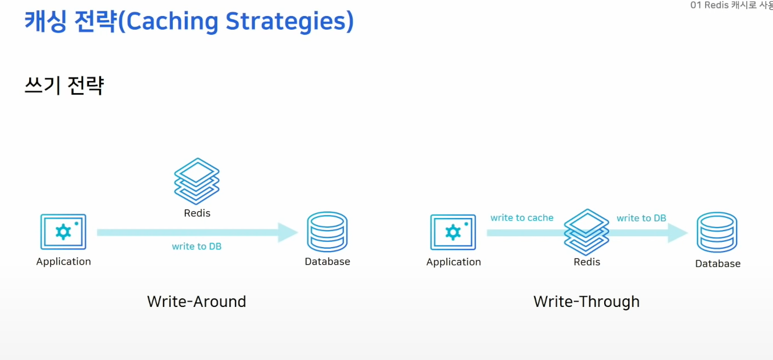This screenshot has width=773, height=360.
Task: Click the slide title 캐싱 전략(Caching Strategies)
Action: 189,21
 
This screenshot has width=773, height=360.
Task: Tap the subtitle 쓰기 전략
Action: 64,86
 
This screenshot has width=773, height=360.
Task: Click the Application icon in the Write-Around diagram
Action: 63,232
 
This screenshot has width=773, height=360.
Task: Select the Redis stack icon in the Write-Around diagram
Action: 197,181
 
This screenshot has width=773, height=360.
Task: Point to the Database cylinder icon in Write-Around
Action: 327,232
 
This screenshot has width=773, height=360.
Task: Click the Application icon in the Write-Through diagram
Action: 453,232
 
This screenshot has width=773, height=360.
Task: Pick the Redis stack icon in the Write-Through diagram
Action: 586,232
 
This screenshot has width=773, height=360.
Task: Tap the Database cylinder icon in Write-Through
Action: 717,232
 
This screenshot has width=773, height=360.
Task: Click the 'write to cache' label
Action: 522,218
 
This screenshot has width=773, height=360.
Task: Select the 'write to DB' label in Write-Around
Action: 197,246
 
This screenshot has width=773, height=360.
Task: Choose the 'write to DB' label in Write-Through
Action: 641,218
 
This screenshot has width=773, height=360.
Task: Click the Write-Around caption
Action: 197,301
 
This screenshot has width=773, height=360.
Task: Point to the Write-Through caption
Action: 586,301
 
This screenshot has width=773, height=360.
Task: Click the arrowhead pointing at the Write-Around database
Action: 288,232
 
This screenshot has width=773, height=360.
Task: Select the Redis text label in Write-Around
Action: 197,213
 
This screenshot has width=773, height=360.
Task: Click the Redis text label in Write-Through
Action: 587,262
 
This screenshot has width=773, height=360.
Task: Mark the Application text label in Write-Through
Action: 454,262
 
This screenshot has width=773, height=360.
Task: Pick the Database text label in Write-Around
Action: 327,262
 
